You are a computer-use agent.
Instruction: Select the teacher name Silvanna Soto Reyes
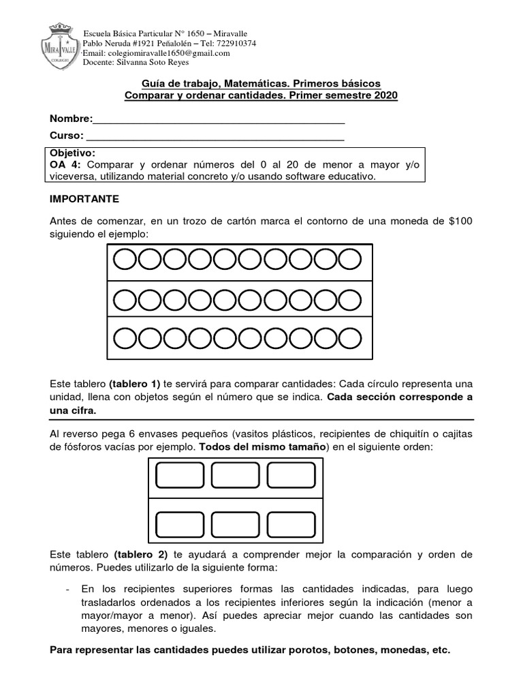(x=154, y=63)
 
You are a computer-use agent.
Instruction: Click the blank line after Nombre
(x=219, y=120)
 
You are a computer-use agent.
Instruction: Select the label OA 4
(x=64, y=164)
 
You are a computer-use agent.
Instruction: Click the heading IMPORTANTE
(x=84, y=199)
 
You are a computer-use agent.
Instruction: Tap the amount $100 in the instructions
(x=458, y=222)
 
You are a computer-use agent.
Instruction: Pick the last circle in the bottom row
(x=349, y=337)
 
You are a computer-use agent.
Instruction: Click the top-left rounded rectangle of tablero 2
(x=176, y=475)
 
